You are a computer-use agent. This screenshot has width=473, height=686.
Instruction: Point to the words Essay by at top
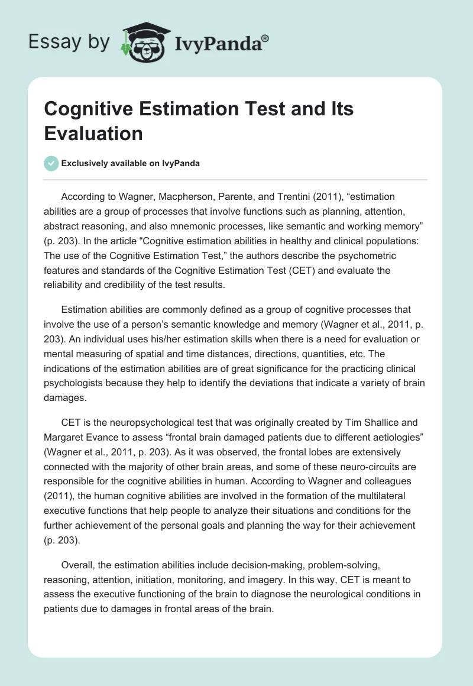tap(69, 42)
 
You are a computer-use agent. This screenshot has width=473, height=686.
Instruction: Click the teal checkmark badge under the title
tap(51, 163)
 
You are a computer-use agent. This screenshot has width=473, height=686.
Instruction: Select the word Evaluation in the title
tap(93, 134)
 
